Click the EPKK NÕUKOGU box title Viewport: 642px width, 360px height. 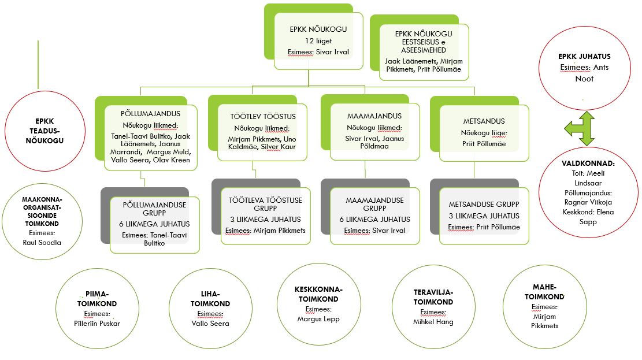tap(318, 29)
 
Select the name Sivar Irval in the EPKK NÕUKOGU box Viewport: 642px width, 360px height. tap(332, 52)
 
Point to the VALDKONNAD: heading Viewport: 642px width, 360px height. tap(588, 164)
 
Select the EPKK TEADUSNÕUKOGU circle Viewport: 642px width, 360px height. tap(44, 131)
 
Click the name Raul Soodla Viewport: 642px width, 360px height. tap(42, 243)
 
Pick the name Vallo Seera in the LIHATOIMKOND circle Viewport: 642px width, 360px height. tap(210, 324)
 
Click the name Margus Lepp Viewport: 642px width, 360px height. tap(318, 319)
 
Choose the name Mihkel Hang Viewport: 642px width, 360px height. tap(433, 322)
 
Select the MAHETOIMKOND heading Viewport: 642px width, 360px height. tap(544, 292)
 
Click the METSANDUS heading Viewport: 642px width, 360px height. tap(484, 121)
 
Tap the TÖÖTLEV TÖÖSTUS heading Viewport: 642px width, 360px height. tap(263, 117)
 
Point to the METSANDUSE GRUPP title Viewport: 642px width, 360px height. tap(484, 205)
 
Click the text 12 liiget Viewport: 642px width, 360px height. tap(318, 41)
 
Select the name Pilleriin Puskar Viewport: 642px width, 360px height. tap(97, 324)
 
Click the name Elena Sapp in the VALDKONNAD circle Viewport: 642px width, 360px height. tap(588, 217)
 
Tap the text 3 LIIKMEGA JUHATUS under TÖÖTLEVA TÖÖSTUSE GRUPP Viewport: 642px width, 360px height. tap(265, 220)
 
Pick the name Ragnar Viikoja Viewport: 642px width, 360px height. tap(588, 202)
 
